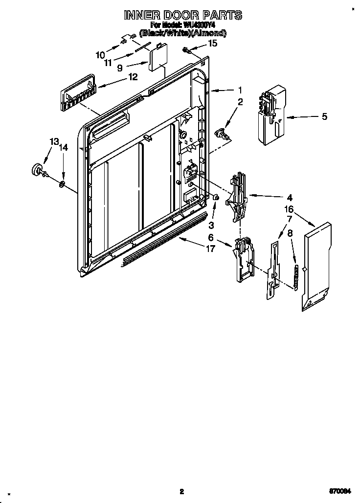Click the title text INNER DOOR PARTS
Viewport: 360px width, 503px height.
click(x=182, y=16)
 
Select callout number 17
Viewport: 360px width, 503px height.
click(x=210, y=249)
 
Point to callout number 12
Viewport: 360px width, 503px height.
click(x=132, y=76)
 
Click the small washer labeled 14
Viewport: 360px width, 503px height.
click(x=63, y=184)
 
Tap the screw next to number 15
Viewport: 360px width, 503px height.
click(x=187, y=49)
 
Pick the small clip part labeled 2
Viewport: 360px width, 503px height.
click(x=223, y=132)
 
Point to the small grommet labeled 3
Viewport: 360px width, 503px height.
click(x=215, y=197)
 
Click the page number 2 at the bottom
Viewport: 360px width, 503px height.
click(x=181, y=492)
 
